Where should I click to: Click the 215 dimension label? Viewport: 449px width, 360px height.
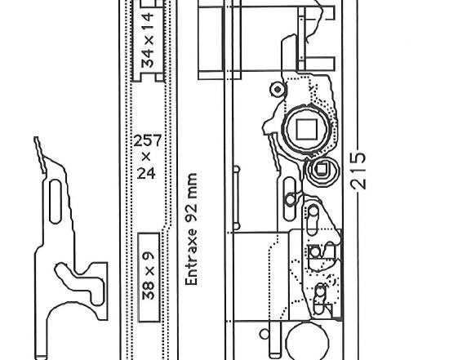coord(358,171)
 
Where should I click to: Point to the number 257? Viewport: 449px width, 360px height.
coord(148,140)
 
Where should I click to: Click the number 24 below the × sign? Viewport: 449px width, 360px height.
coord(146,173)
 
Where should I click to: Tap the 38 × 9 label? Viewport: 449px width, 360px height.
coord(149,276)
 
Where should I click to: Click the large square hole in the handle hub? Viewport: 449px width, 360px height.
coord(306,130)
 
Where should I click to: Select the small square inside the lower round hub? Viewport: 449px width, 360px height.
coord(322,169)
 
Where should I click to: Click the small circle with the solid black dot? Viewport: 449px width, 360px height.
coord(278,90)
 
